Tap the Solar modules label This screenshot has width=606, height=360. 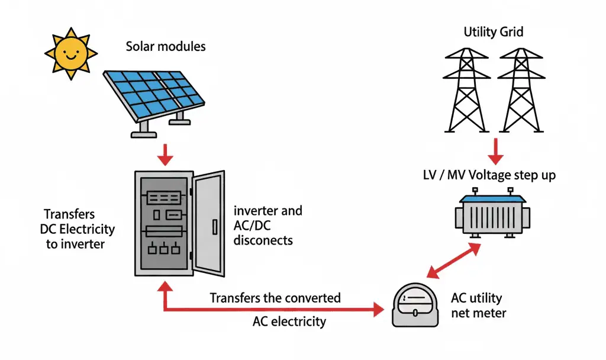point(166,46)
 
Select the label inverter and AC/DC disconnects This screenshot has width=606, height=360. point(268,225)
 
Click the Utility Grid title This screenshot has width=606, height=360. point(493,31)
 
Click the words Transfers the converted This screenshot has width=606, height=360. point(275,297)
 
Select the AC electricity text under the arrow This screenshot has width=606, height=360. point(289,322)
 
